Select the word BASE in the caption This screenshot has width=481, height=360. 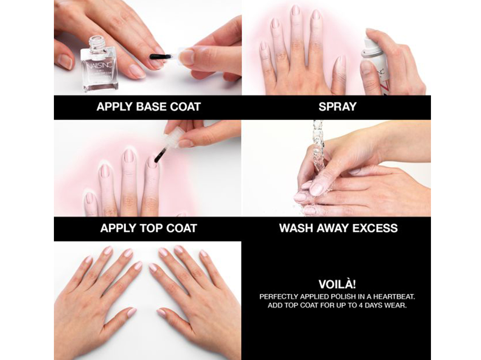[x=145, y=107]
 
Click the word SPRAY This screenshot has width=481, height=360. [x=338, y=107]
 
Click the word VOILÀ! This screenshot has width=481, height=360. [x=338, y=284]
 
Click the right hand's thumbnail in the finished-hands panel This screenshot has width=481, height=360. [x=162, y=313]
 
